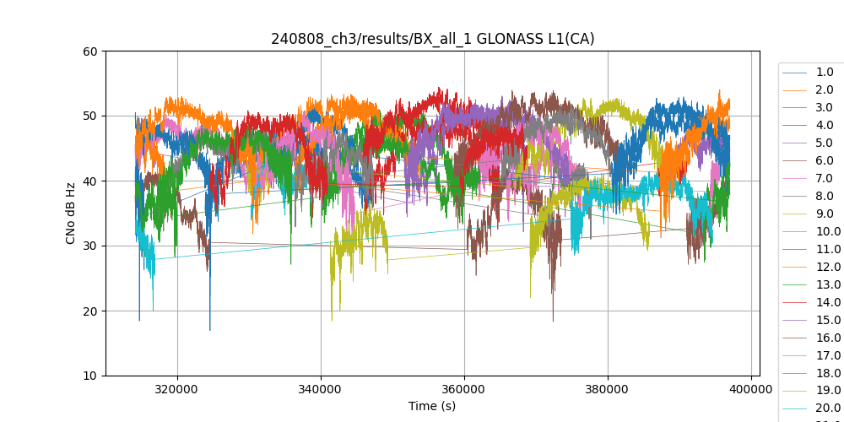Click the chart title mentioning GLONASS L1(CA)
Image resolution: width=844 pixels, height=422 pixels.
point(432,39)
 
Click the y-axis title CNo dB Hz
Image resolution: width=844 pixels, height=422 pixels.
point(71,214)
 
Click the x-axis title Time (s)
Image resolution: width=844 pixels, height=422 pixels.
point(432,406)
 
